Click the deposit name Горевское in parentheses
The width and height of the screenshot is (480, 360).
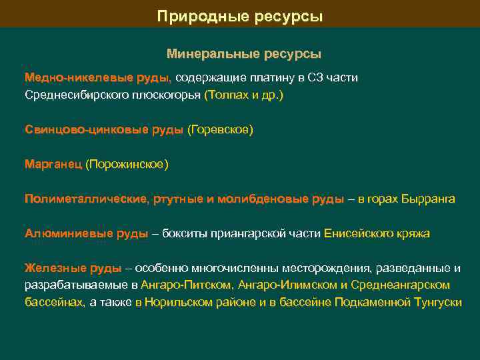tap(221, 129)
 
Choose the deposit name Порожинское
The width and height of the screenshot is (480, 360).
tap(127, 164)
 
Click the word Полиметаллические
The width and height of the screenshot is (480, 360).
tap(86, 199)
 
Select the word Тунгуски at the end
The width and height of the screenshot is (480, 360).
tap(437, 302)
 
